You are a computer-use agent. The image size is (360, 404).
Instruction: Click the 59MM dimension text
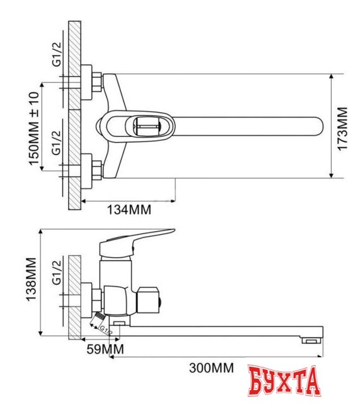105,349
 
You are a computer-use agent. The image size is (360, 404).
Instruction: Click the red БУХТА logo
283,382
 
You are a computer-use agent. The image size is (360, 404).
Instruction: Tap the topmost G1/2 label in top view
56,55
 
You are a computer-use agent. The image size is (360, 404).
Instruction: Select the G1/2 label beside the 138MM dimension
56,276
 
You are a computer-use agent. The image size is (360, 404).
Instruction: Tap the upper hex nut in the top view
96,81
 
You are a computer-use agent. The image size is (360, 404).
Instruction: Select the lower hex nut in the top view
96,169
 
